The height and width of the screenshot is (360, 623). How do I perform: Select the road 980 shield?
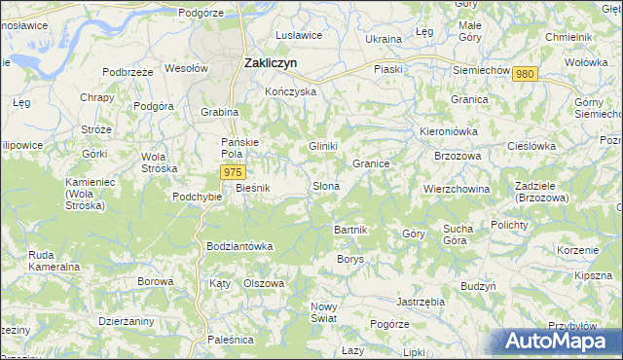click(525, 75)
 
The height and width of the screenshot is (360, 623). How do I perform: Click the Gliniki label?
click(323, 146)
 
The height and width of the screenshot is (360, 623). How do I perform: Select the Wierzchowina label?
click(456, 189)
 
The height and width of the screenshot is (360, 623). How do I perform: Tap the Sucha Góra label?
click(458, 234)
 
